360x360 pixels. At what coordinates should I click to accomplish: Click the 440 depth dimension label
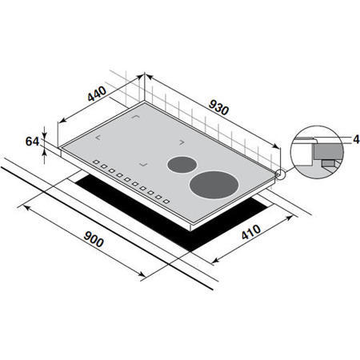(x=96, y=94)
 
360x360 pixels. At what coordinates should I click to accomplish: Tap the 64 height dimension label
(x=32, y=142)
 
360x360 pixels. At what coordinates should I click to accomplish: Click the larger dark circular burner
(x=213, y=185)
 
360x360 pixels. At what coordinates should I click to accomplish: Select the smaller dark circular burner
(x=181, y=165)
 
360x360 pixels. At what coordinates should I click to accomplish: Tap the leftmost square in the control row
(x=95, y=166)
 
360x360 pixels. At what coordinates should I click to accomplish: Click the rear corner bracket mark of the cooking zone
(x=137, y=122)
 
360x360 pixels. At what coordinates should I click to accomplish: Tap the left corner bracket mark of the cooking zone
(x=99, y=138)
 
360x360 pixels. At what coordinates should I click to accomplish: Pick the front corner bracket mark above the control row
(x=143, y=165)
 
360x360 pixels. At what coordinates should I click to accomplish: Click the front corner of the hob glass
(x=191, y=225)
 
